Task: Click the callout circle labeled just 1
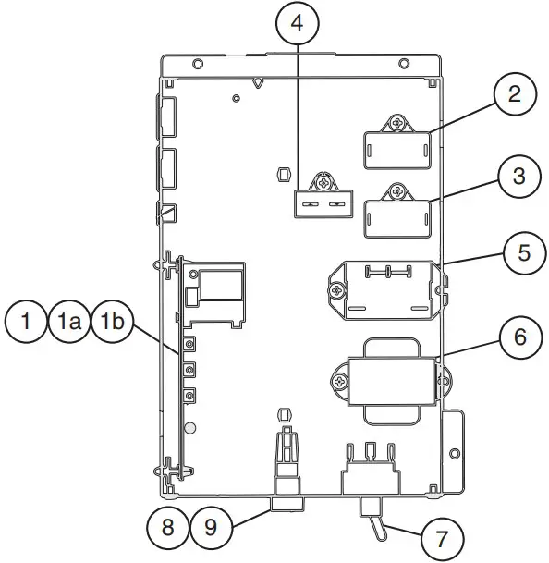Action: (29, 322)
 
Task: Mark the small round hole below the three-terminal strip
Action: (190, 429)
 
